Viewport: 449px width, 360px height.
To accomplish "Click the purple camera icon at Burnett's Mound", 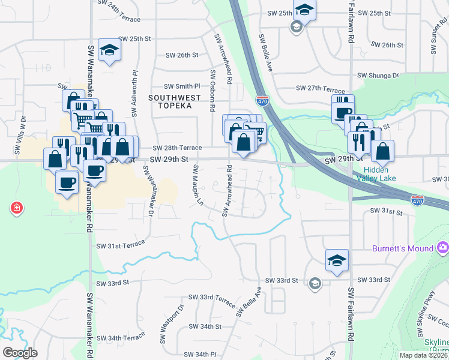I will coord(443,247).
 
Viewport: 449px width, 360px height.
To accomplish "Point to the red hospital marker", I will coord(17,208).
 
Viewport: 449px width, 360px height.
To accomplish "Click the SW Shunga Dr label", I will coord(378,76).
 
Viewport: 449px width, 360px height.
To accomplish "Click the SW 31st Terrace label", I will coord(121,244).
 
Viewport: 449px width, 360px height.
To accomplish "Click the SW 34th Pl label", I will coord(199,355).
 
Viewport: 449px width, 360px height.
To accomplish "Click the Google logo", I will coord(20,353).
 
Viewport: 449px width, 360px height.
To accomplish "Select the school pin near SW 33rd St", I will coord(337,261).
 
